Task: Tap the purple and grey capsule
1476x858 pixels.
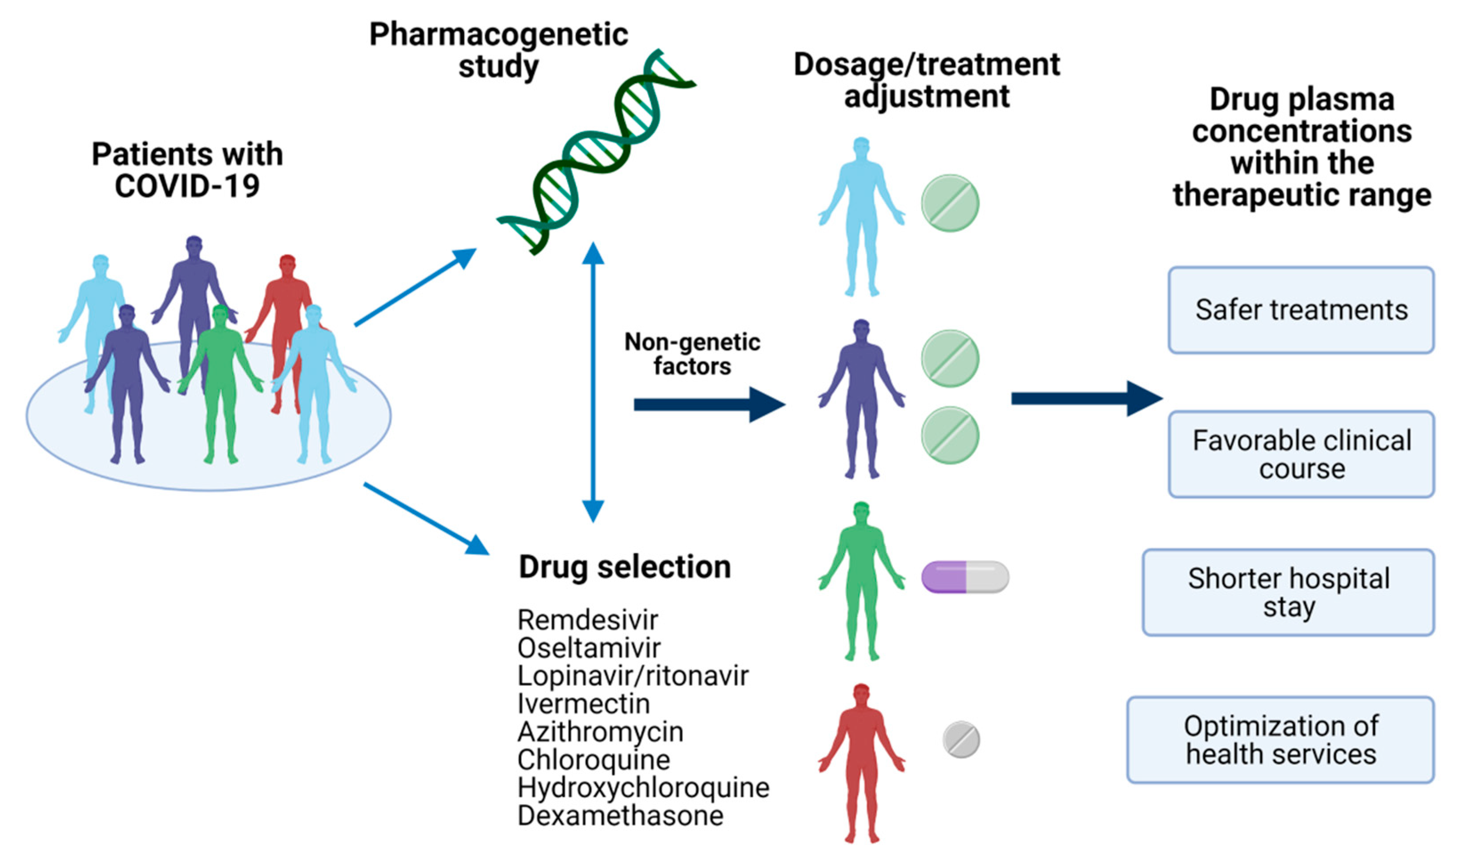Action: [x=965, y=577]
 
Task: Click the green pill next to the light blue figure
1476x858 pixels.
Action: [x=949, y=203]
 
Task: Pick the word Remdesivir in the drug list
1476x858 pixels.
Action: [x=588, y=620]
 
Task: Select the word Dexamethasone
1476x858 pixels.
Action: [x=620, y=816]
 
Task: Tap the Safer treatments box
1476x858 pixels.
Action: [x=1301, y=310]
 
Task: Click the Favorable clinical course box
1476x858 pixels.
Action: [x=1301, y=454]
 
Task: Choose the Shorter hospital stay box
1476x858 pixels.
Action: [x=1288, y=592]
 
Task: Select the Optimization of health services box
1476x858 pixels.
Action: [x=1280, y=740]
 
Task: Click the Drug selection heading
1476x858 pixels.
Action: [x=625, y=567]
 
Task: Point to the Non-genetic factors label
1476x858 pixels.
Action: [x=692, y=354]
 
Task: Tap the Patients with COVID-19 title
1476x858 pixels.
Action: [x=187, y=170]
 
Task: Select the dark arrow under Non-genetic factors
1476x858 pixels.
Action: [x=709, y=405]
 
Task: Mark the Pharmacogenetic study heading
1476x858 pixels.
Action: [x=498, y=50]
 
